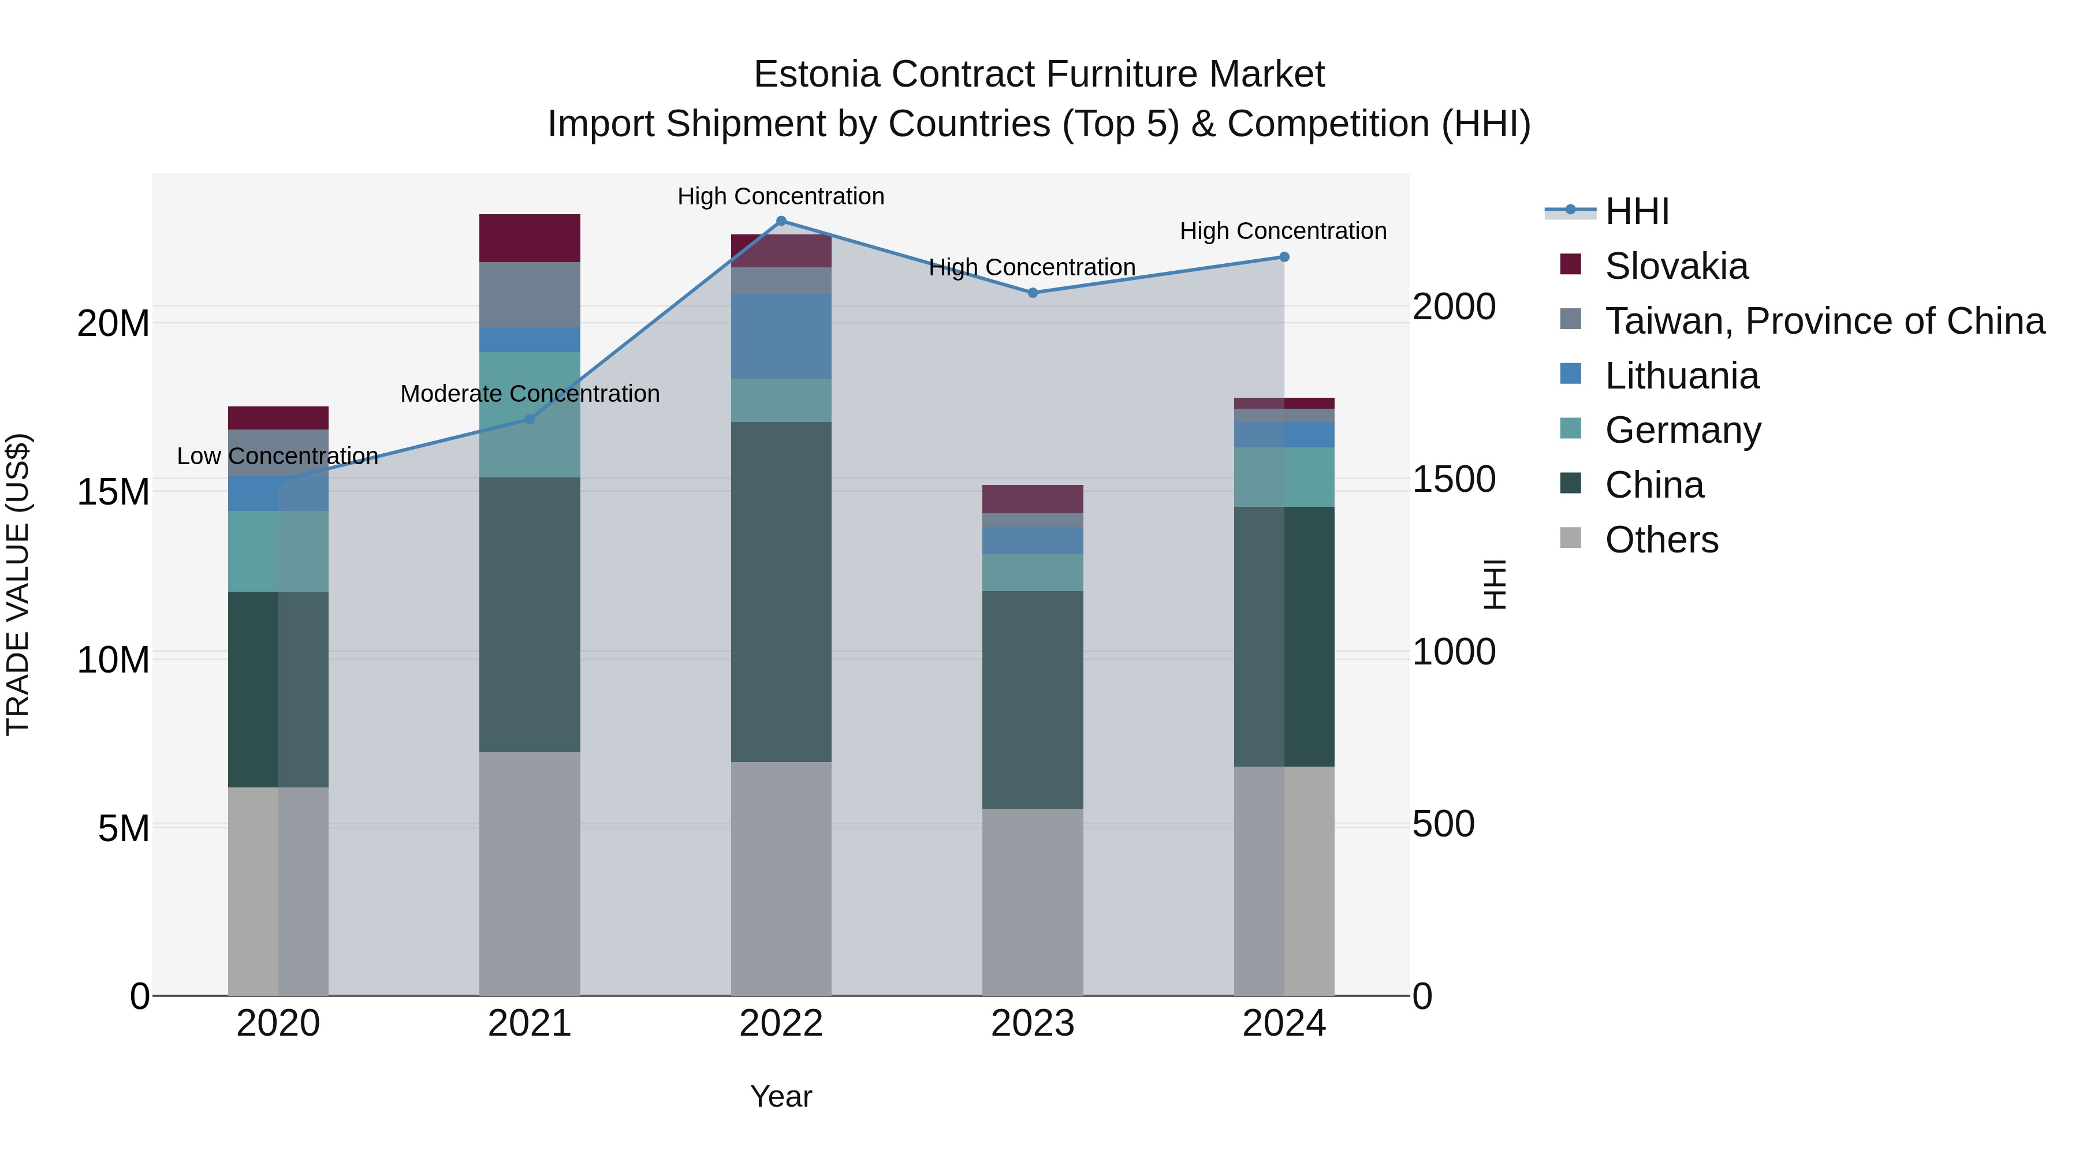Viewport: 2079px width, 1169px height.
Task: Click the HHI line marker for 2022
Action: tap(780, 221)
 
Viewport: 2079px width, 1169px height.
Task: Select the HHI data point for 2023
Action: tap(1032, 293)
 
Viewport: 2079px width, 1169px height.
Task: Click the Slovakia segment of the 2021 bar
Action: tap(530, 238)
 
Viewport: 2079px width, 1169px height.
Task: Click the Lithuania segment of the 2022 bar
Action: tap(780, 335)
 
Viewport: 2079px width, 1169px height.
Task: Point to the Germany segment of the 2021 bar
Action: tap(530, 414)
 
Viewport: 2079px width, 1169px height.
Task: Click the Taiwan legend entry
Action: tap(1824, 321)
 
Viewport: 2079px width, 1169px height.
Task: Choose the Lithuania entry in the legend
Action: tap(1681, 376)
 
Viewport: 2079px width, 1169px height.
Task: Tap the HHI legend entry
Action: tap(1637, 211)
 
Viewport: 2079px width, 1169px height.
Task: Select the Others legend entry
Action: tap(1661, 540)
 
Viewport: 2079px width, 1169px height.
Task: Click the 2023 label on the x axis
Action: tap(1032, 1024)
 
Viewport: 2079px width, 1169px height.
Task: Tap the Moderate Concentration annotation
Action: tap(530, 394)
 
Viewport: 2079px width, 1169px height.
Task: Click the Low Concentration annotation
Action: tap(277, 456)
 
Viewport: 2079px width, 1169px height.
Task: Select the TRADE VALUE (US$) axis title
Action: tap(18, 584)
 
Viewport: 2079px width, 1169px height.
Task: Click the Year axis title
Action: tap(780, 1096)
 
